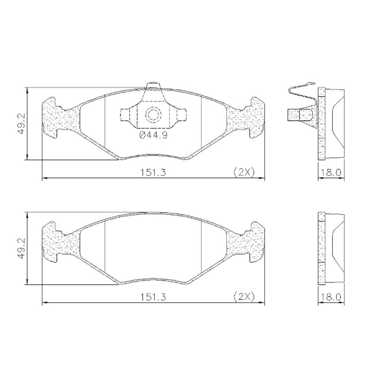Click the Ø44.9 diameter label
(153, 135)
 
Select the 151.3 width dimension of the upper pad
(153, 173)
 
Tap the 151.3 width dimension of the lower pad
(153, 297)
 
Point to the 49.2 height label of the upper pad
(22, 124)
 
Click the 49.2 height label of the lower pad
(22, 248)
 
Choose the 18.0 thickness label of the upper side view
(331, 173)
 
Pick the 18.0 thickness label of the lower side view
(331, 297)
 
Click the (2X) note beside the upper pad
(244, 172)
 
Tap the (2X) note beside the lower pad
(244, 297)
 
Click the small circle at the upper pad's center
(153, 114)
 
